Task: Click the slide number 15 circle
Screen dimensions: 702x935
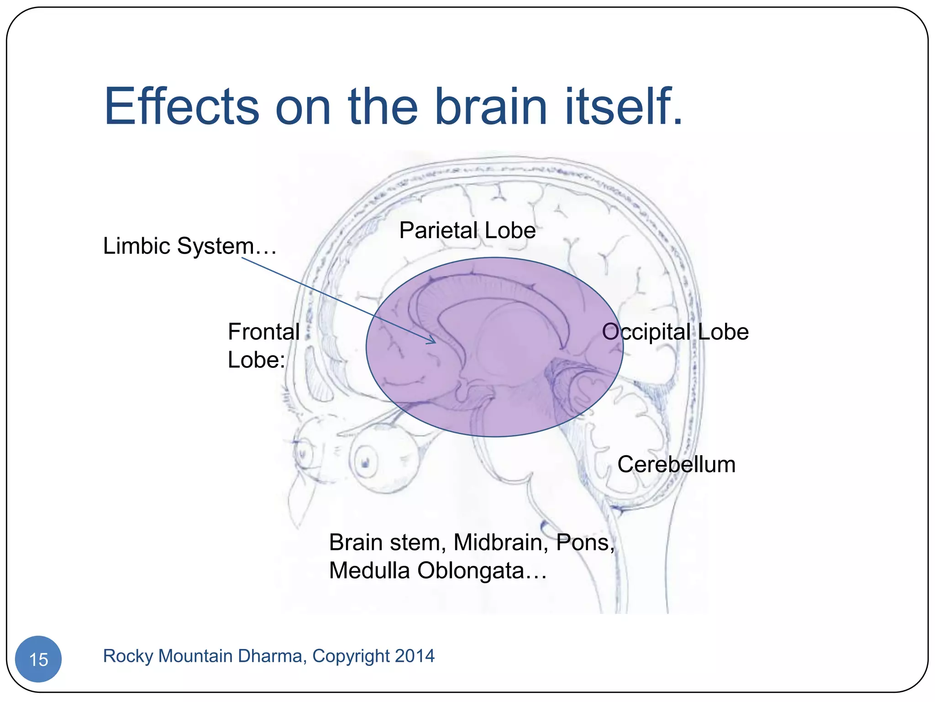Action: point(38,659)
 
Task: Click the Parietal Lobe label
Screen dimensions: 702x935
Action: point(467,230)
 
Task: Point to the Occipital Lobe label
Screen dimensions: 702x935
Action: point(675,332)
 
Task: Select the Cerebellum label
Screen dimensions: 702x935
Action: point(676,464)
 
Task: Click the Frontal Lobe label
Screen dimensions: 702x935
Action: point(263,346)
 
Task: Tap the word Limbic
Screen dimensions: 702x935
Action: point(137,246)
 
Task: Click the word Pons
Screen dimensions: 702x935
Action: point(585,542)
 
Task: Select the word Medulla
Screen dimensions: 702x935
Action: point(370,571)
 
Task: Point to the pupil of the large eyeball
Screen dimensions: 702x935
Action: point(366,463)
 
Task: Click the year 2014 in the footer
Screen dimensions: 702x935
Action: point(415,656)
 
